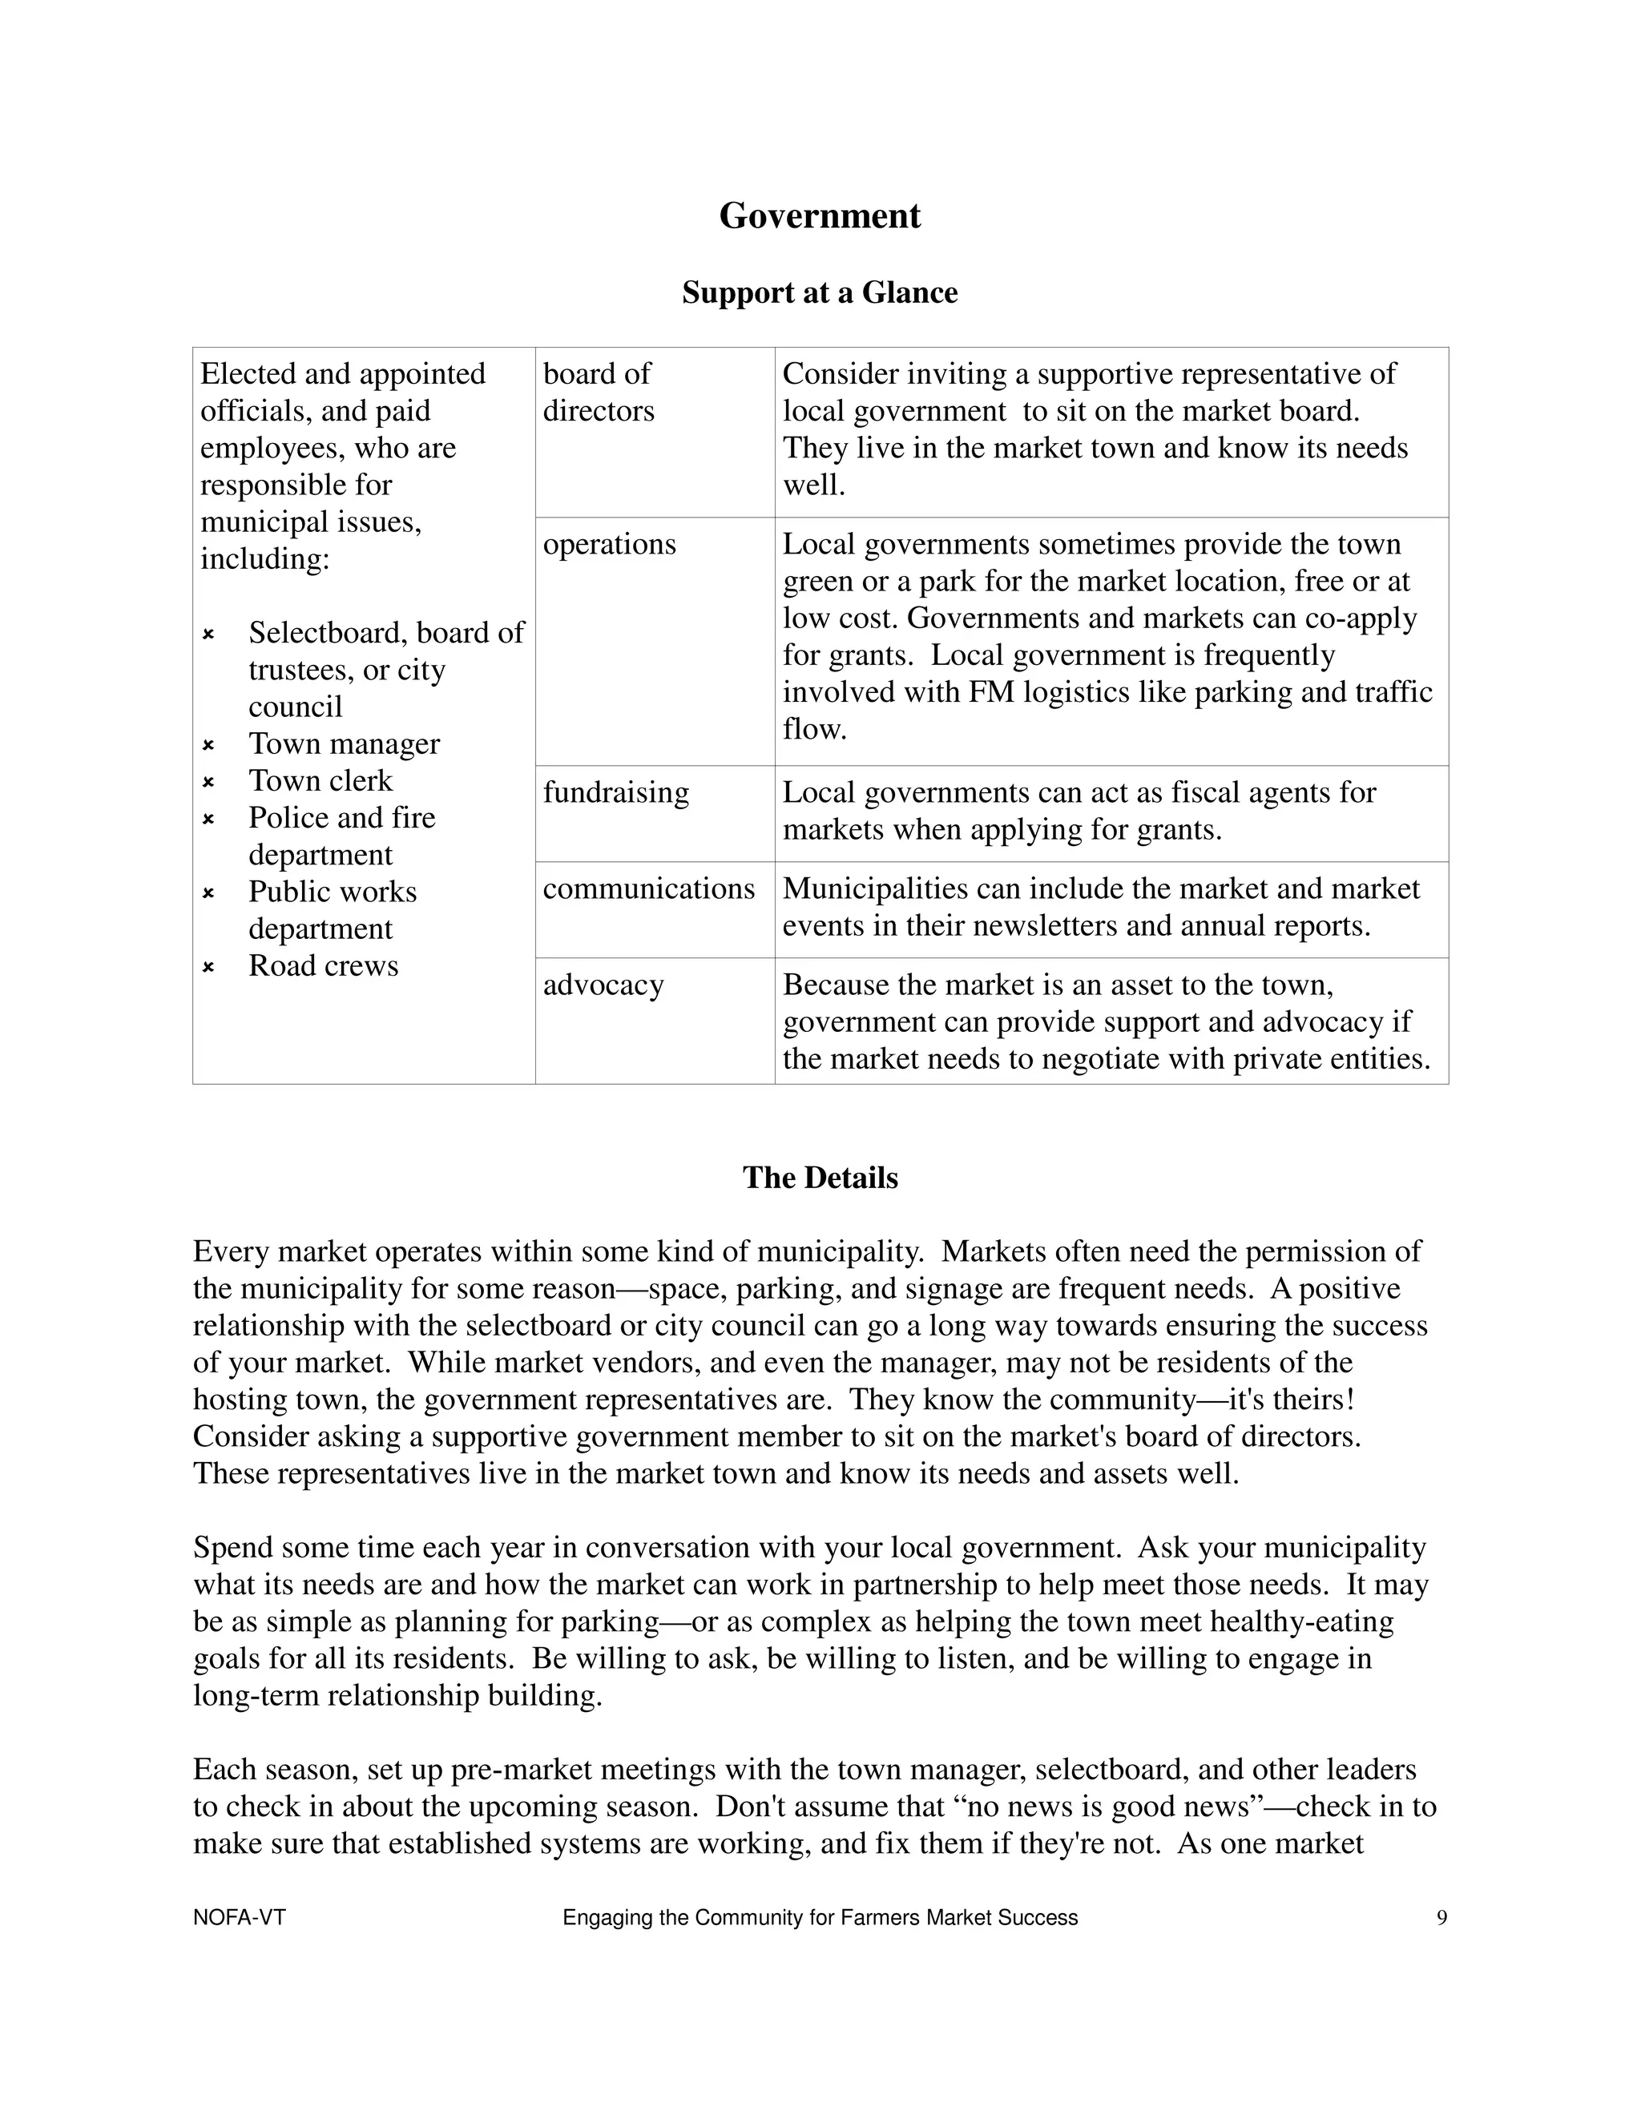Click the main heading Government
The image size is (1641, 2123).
pyautogui.click(x=820, y=216)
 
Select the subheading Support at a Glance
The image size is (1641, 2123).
pyautogui.click(x=820, y=292)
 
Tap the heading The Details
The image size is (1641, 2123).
pyautogui.click(x=820, y=1177)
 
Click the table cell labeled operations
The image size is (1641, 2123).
pyautogui.click(x=610, y=544)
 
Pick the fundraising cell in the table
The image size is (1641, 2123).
pyautogui.click(x=615, y=792)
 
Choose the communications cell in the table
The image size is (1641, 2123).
pyautogui.click(x=648, y=888)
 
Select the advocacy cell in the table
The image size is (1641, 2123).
pyautogui.click(x=603, y=985)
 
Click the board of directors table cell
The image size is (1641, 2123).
pyautogui.click(x=598, y=392)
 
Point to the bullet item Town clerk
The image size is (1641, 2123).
pyautogui.click(x=320, y=780)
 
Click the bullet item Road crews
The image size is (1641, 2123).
pyautogui.click(x=323, y=965)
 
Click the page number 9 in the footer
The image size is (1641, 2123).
pyautogui.click(x=1441, y=1918)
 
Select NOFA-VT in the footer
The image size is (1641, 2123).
pyautogui.click(x=239, y=1918)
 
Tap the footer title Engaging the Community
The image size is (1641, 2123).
pyautogui.click(x=820, y=1918)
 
